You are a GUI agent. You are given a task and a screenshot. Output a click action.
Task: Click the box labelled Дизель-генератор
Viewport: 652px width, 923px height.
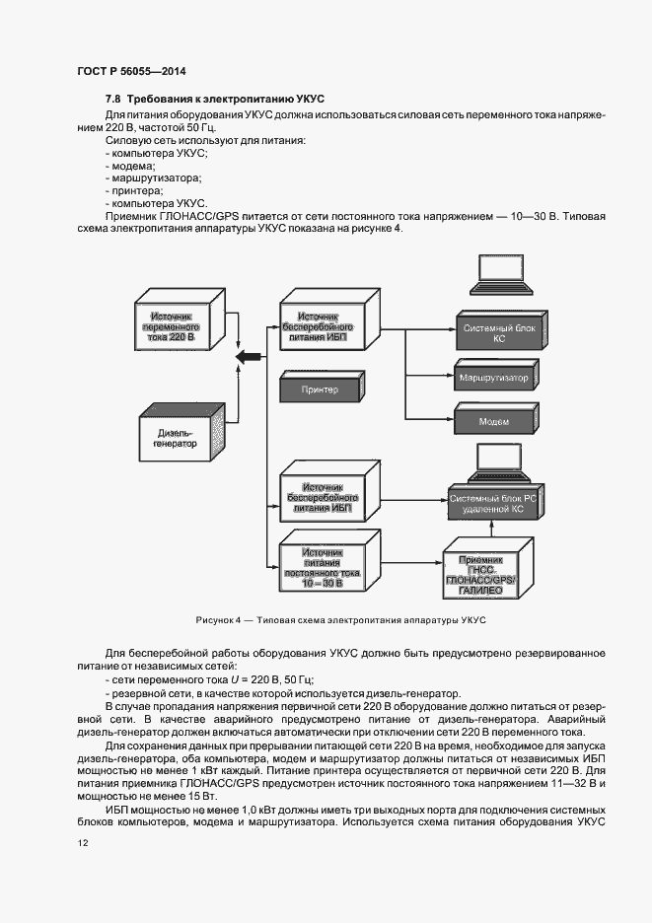176,438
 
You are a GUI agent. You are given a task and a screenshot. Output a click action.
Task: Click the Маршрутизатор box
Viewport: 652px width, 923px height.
493,379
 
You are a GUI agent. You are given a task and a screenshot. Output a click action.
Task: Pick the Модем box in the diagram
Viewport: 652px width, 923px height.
493,422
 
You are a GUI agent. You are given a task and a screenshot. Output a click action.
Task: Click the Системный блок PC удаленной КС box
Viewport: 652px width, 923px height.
493,505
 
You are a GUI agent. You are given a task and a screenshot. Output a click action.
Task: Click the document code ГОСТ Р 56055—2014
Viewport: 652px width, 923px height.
131,71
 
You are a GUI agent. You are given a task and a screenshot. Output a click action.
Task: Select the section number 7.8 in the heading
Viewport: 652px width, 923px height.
114,100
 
